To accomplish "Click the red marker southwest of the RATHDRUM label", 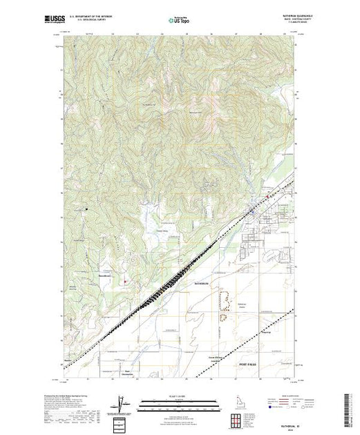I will [x=125, y=281].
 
